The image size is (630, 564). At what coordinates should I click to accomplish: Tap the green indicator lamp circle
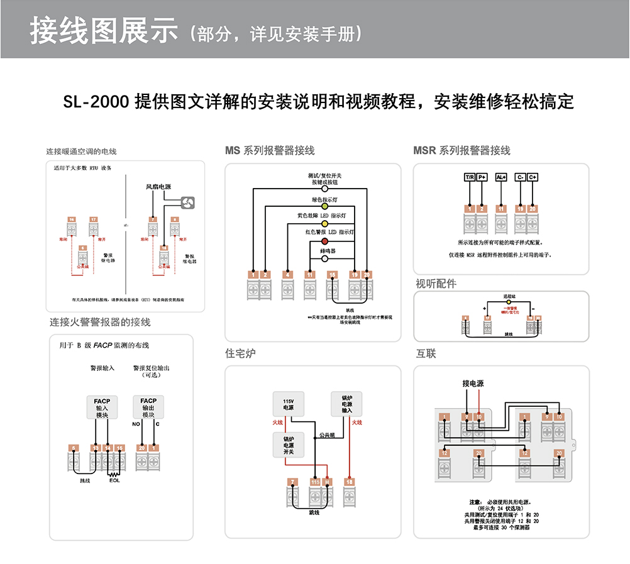point(325,206)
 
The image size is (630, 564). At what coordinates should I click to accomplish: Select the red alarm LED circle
point(325,241)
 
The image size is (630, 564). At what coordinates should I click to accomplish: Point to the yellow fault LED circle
point(325,223)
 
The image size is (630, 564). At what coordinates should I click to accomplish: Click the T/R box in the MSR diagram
point(470,177)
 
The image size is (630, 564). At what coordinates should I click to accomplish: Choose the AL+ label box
point(501,177)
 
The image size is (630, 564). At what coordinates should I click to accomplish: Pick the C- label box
point(520,177)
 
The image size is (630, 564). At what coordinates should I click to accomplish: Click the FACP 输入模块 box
point(102,407)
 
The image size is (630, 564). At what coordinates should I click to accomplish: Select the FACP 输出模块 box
point(148,407)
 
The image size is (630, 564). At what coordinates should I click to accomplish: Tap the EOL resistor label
point(114,481)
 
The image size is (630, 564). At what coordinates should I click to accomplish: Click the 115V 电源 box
point(288,404)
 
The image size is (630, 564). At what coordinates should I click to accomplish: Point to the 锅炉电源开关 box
point(288,445)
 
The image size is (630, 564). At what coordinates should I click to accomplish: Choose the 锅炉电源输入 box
point(347,404)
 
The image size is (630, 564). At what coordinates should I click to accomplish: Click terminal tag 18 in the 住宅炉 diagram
point(349,482)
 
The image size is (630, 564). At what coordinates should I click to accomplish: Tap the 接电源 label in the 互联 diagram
point(473,384)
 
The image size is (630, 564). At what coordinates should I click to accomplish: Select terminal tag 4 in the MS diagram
point(287,274)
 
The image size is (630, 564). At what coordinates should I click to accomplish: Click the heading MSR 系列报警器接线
point(461,151)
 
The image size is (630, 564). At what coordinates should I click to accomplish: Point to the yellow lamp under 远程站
point(509,302)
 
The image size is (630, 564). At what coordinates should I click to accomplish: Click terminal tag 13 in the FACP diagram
point(96,448)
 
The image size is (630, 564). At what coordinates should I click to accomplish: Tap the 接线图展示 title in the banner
point(104,30)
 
